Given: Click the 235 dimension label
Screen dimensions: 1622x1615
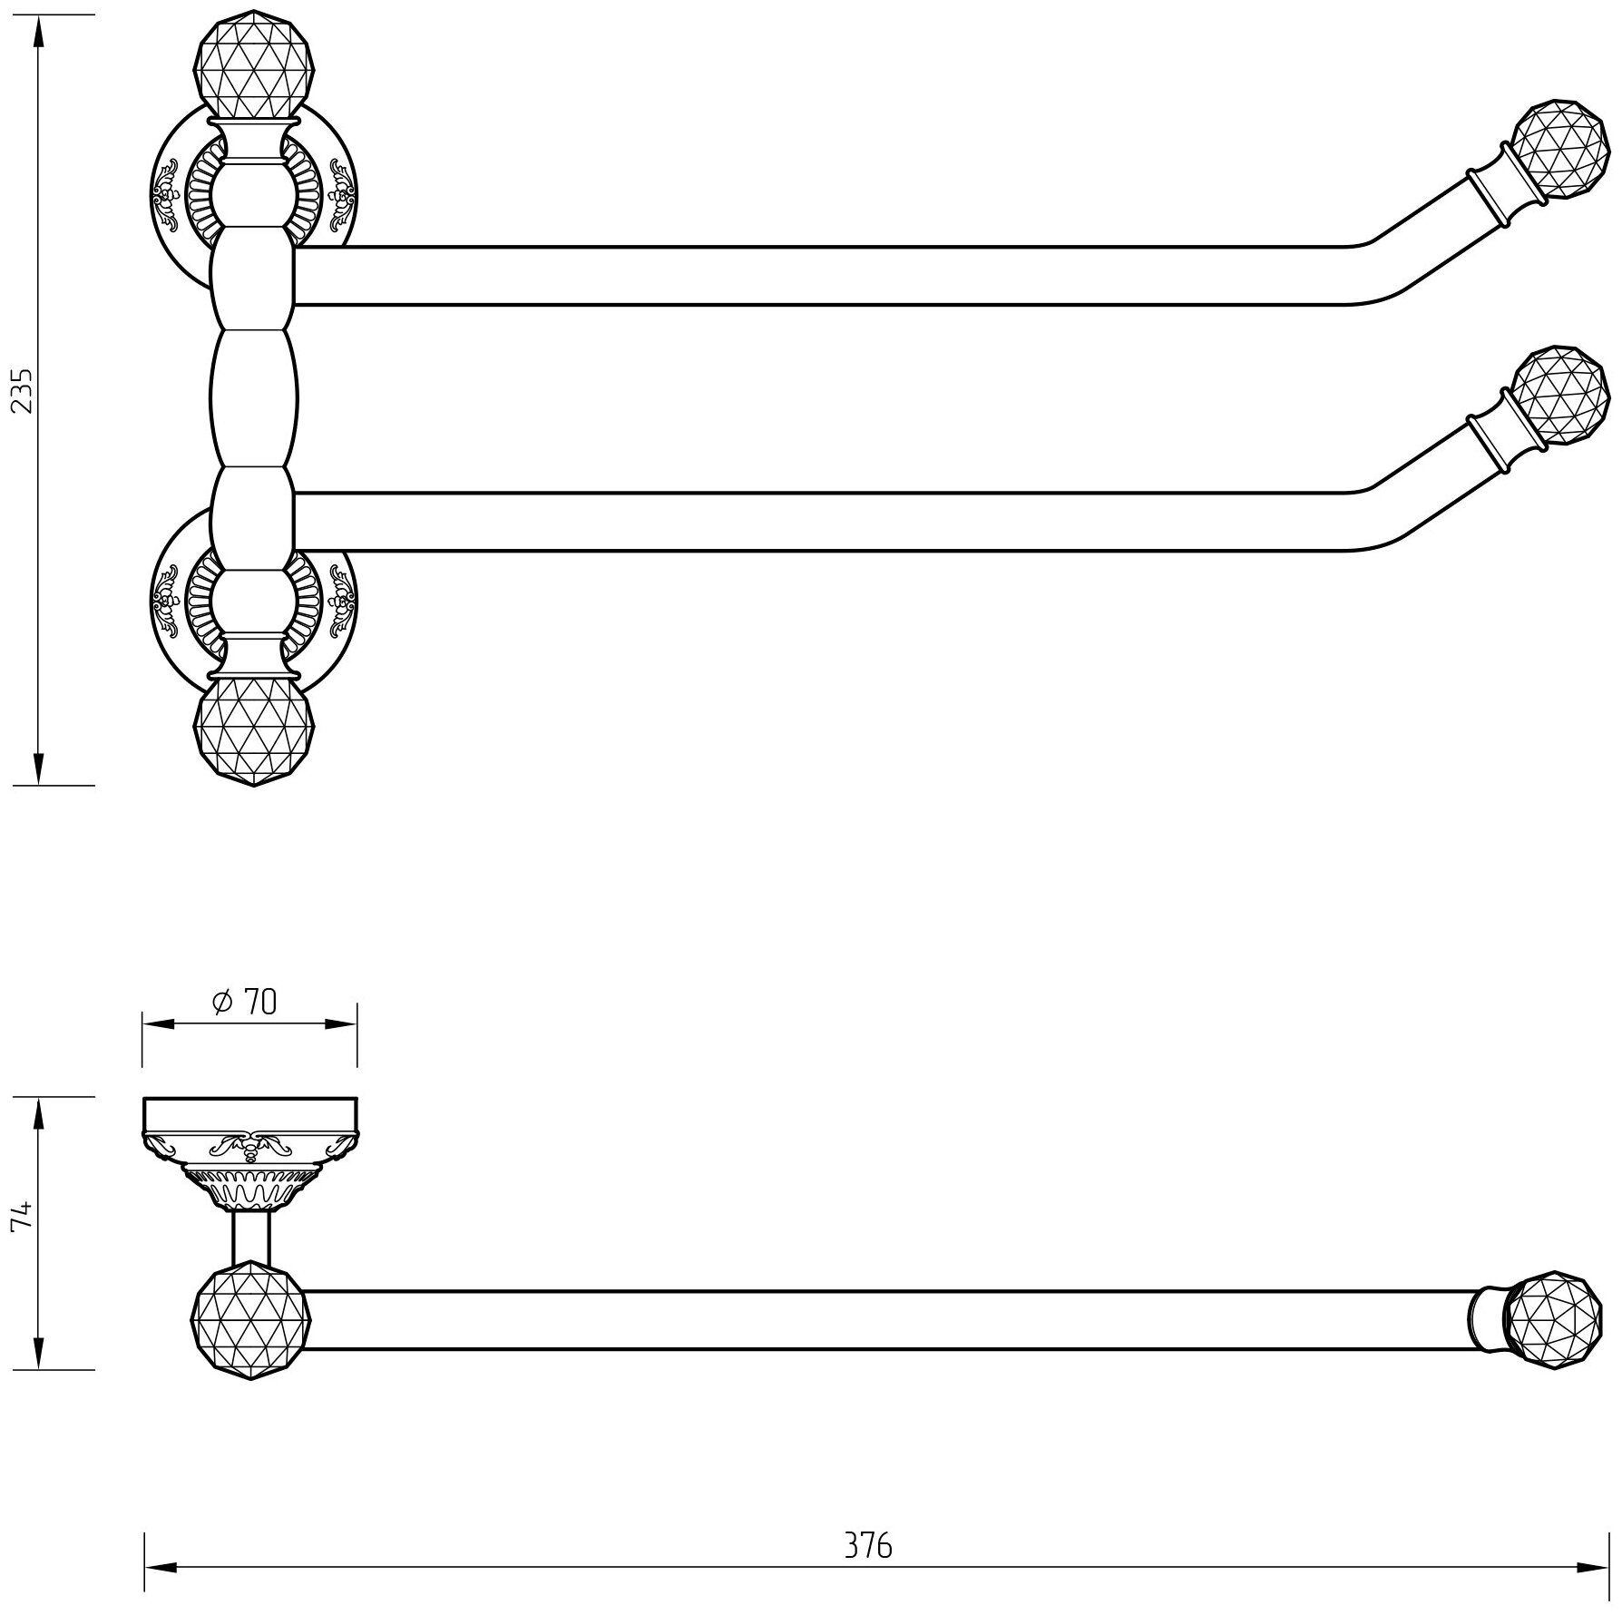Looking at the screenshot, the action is click(x=22, y=390).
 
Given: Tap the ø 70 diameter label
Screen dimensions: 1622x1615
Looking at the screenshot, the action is click(x=245, y=1002).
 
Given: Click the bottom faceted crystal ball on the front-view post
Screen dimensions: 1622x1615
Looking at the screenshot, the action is click(x=253, y=734).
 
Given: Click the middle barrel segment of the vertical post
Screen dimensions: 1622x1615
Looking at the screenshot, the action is click(x=253, y=400).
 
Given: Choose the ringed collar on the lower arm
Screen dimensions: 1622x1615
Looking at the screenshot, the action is click(x=1492, y=445).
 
